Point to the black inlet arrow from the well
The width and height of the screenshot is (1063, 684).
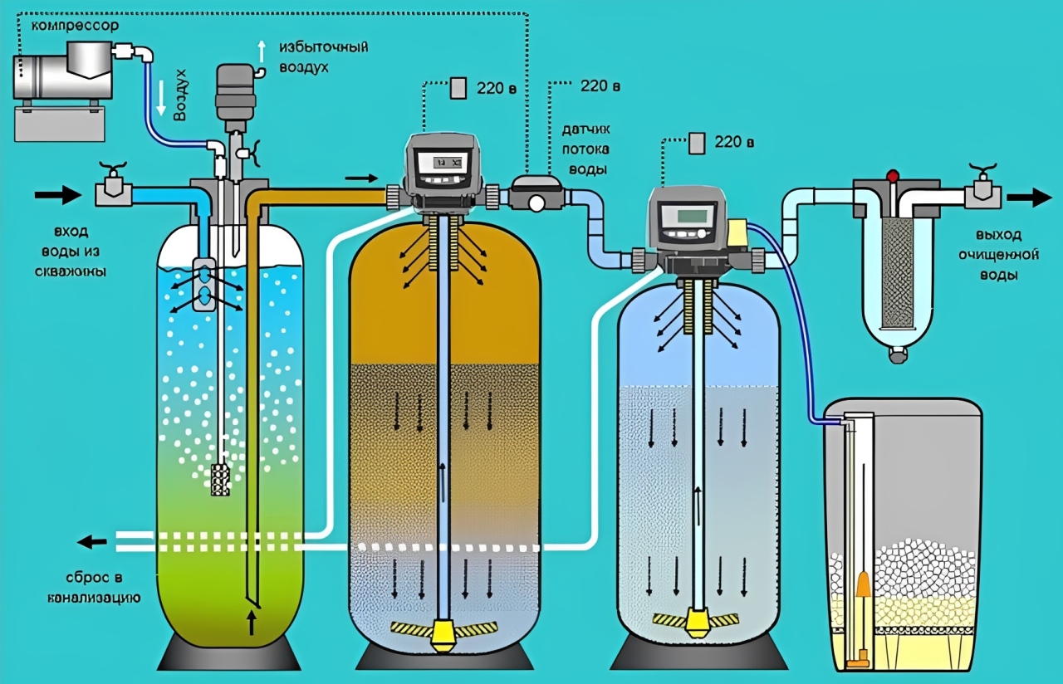[x=57, y=195]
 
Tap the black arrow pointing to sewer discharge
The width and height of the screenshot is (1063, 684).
[x=93, y=542]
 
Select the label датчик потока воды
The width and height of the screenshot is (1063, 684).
[x=585, y=149]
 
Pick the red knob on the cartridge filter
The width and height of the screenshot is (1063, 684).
[x=893, y=175]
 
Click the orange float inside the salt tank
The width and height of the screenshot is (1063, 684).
[x=863, y=585]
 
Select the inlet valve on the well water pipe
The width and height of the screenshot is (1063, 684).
[x=113, y=189]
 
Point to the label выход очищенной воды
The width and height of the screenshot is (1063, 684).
[x=989, y=252]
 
